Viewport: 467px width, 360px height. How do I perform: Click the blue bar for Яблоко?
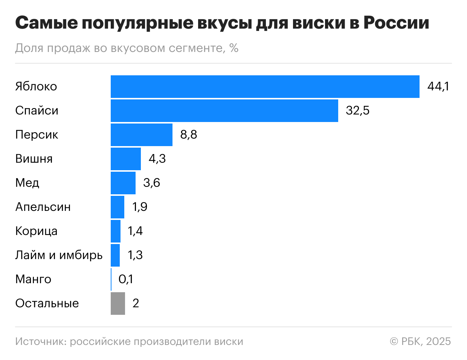(265, 87)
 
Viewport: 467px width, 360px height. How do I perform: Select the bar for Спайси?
(224, 111)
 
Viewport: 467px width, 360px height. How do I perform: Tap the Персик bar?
(141, 135)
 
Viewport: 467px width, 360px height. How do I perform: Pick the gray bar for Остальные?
(118, 304)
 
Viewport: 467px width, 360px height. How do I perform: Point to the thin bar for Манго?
(111, 279)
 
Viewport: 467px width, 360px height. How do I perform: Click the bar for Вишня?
(125, 159)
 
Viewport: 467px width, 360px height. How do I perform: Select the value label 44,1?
(438, 87)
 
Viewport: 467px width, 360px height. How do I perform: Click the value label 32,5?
(357, 111)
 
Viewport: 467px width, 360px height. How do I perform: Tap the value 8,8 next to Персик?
(188, 135)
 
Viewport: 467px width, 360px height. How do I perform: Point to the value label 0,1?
(126, 279)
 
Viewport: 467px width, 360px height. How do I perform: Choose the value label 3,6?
(151, 183)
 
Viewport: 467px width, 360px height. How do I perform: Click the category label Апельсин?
(43, 207)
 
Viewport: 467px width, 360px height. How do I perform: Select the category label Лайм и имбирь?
(59, 255)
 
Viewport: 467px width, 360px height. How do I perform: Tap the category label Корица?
(36, 231)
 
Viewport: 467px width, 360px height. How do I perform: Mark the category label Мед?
(27, 183)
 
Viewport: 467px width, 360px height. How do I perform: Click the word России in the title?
(396, 23)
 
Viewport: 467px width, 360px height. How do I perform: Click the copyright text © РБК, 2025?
(420, 342)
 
